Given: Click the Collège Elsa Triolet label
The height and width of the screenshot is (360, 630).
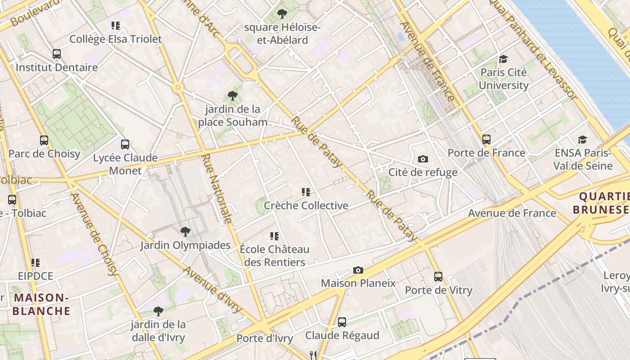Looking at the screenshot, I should click(115, 39).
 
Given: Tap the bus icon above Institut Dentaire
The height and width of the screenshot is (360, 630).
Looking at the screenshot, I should click(57, 54).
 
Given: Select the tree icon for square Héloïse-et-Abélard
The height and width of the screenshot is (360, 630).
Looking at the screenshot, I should click(282, 14).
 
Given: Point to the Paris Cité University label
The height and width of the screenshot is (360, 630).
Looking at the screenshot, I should click(504, 79).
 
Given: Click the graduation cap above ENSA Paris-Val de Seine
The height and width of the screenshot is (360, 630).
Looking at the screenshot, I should click(582, 139).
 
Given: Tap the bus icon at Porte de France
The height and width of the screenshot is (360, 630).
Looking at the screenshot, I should click(486, 139).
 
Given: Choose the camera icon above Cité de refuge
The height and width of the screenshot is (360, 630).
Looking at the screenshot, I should click(423, 159).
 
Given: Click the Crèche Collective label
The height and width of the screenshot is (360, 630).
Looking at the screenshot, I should click(306, 206).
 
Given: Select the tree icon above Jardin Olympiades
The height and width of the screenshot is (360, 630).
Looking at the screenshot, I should click(185, 232).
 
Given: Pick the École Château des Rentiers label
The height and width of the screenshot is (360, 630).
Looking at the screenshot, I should click(274, 256).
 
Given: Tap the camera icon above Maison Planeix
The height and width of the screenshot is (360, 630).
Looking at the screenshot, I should click(358, 270).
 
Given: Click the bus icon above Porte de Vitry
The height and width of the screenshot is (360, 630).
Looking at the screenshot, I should click(438, 277).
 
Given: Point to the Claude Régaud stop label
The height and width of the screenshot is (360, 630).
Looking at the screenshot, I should click(342, 335).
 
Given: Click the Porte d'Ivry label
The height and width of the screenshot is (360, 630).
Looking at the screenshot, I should click(265, 338).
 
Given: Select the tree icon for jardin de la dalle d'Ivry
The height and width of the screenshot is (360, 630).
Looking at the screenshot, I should click(158, 311).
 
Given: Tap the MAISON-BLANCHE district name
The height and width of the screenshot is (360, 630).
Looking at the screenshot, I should click(41, 304).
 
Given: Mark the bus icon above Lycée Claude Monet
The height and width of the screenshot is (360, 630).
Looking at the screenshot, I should click(125, 144).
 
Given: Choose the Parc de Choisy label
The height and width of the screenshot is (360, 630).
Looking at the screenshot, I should click(44, 154).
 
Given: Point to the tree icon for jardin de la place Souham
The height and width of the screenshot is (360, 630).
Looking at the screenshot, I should click(233, 95).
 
